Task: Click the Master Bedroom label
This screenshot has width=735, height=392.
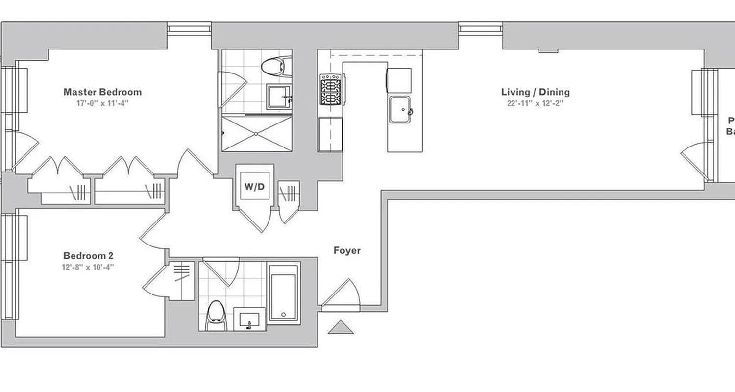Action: (102, 92)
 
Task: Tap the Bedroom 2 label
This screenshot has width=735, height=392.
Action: (89, 256)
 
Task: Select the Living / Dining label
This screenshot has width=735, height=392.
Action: (535, 92)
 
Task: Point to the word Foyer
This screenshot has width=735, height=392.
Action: (347, 251)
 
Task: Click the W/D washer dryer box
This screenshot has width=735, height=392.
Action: (254, 186)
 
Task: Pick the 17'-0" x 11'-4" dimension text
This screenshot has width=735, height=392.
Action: (102, 103)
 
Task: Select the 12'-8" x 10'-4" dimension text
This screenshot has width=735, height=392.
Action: (89, 267)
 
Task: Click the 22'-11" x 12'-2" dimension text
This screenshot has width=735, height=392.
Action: (535, 103)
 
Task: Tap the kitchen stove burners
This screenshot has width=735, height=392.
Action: (331, 89)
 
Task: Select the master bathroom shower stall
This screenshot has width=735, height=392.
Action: (256, 133)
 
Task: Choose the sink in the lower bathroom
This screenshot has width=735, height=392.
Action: (250, 319)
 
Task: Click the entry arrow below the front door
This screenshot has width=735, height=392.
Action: (341, 327)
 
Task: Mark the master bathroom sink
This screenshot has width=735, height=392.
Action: (279, 97)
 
